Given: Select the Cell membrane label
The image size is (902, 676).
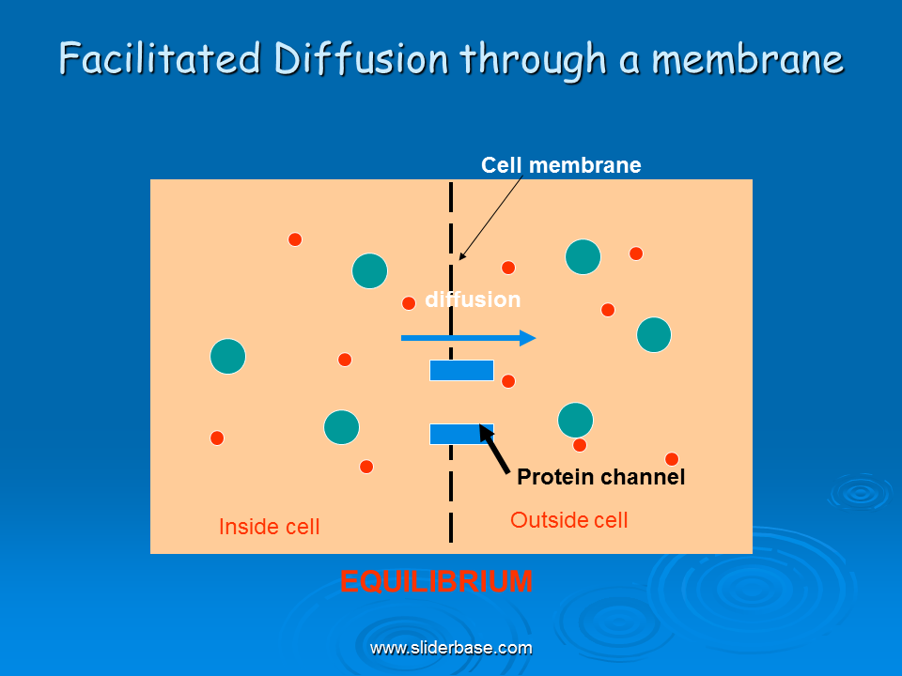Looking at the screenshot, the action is [561, 165].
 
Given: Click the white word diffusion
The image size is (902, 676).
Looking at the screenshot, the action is [473, 299].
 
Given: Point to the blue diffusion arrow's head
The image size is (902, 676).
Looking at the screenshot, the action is [527, 338].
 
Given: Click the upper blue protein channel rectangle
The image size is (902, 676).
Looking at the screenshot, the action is [461, 370].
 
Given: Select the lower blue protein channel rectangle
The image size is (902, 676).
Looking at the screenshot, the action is [461, 434].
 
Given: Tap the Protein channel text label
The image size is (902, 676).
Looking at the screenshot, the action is [600, 477].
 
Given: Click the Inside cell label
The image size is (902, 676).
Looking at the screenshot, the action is [270, 527].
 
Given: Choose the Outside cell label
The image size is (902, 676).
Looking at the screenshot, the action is [569, 519].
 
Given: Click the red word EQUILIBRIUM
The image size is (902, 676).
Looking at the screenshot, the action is [436, 581].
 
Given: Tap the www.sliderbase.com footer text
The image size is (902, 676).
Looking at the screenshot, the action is [451, 648].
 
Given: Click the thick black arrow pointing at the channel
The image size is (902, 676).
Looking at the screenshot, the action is [494, 450].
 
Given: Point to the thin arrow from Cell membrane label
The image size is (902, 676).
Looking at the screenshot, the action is [490, 219].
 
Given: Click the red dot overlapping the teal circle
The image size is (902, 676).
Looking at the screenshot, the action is [580, 444].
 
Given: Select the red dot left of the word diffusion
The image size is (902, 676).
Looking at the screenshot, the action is [409, 303].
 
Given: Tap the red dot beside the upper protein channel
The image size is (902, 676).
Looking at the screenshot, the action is [508, 381].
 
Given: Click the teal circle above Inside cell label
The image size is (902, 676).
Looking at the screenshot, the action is [342, 427].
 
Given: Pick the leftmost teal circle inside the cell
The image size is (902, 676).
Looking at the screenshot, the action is [227, 357].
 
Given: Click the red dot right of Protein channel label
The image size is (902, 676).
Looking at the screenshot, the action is [671, 459].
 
